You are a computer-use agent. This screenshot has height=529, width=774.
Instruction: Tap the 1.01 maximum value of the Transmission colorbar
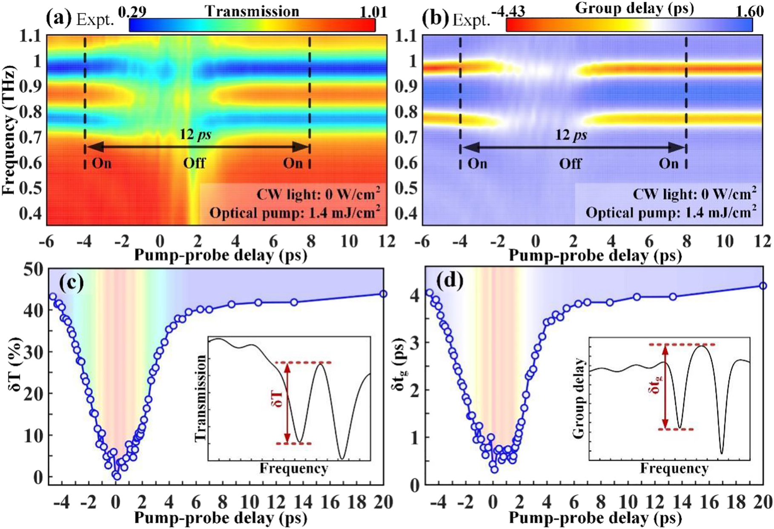point(373,11)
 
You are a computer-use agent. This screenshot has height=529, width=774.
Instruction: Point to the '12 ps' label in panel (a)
point(195,135)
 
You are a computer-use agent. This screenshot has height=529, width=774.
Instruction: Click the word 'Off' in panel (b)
point(570,163)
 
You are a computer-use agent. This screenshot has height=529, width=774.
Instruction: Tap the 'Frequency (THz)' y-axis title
point(9,130)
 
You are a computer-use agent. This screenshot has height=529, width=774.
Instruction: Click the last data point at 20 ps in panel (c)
point(383,294)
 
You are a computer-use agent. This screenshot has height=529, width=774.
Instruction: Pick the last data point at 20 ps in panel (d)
point(763,286)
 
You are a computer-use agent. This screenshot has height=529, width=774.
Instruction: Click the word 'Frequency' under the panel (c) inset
point(294,469)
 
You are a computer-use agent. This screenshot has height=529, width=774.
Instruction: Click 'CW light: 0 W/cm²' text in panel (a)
point(318,194)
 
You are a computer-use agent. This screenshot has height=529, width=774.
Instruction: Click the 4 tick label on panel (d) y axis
point(415,295)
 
